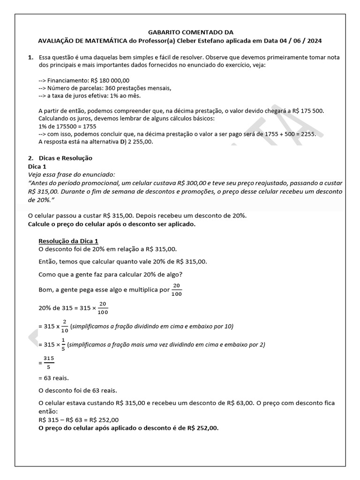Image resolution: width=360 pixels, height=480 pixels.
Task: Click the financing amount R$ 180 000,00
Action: [109, 80]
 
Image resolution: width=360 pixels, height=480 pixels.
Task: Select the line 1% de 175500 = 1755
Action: [67, 126]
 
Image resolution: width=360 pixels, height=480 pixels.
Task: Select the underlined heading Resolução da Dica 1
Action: [68, 240]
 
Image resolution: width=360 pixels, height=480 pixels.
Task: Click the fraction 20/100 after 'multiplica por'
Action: [176, 289]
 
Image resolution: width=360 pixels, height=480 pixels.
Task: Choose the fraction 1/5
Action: [63, 344]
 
